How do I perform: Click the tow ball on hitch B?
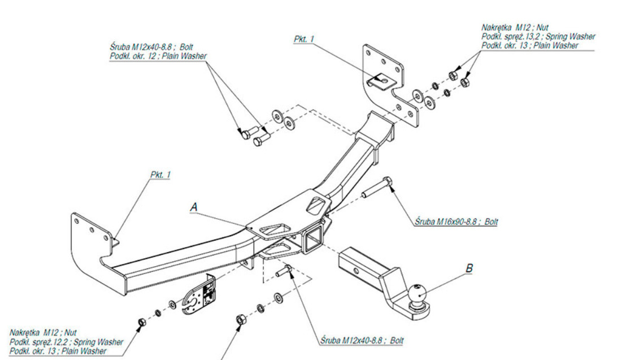click(x=418, y=294)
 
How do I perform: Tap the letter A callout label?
click(x=194, y=207)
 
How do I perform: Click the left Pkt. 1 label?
click(x=160, y=175)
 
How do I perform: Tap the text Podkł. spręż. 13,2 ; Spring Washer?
click(x=538, y=36)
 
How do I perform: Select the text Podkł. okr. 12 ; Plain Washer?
click(x=158, y=55)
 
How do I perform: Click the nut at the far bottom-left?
click(x=142, y=322)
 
